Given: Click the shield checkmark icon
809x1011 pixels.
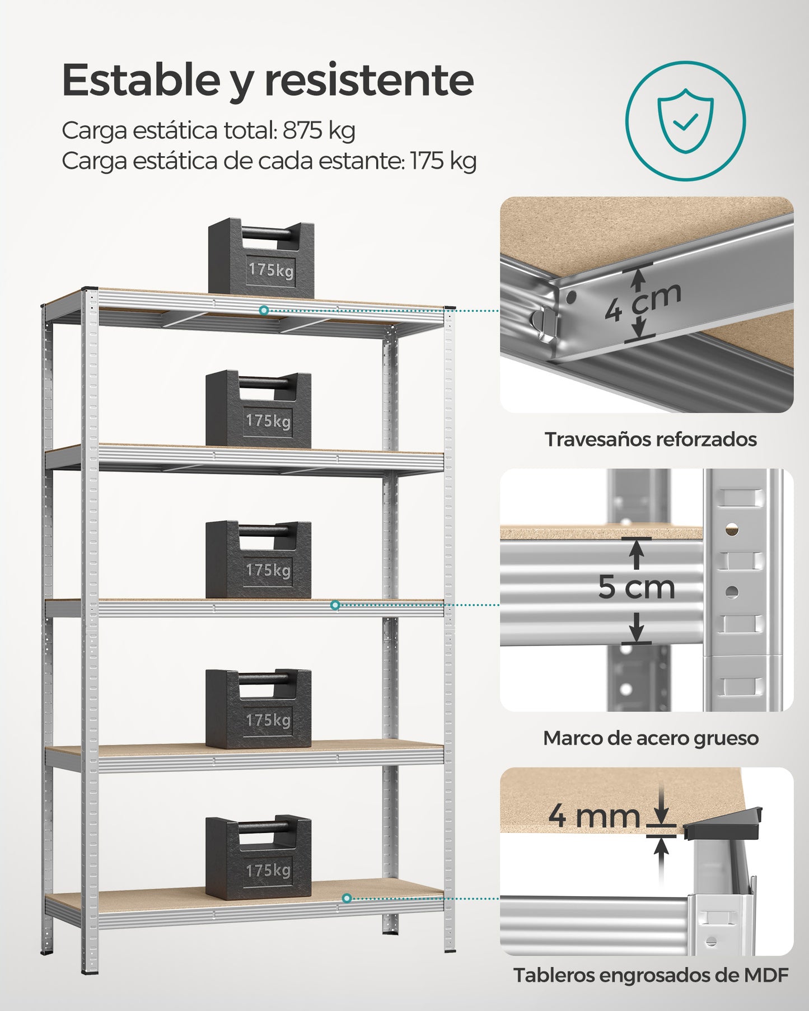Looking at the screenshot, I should pos(685,120).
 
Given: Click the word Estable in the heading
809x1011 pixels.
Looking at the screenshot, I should pos(141,80).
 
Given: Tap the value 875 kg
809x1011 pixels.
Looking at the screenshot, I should pos(319,130).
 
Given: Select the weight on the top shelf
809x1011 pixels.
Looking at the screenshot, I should pos(261,257).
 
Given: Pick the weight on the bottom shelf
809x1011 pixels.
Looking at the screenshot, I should pos(258,857).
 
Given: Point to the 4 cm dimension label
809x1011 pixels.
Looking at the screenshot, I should pos(642,303).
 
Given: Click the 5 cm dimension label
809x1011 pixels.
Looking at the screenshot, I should pos(636,587).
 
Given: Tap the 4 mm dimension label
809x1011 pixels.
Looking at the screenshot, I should pos(594,816).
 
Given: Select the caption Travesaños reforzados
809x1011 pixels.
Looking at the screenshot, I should pos(651,439).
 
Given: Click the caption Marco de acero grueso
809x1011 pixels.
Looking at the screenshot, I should pos(651,738).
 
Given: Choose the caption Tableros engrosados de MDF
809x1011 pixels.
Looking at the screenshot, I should pos(651,975).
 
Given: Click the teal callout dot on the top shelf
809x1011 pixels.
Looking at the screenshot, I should pos(264,310).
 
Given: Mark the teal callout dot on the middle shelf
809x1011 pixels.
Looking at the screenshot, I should pos(335,605).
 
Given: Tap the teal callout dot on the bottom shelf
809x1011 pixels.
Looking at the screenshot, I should pos(347,898).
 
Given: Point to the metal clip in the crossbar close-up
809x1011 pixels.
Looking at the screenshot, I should pos(543,324).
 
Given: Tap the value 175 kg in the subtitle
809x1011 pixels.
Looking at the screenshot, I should pos(443,161).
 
